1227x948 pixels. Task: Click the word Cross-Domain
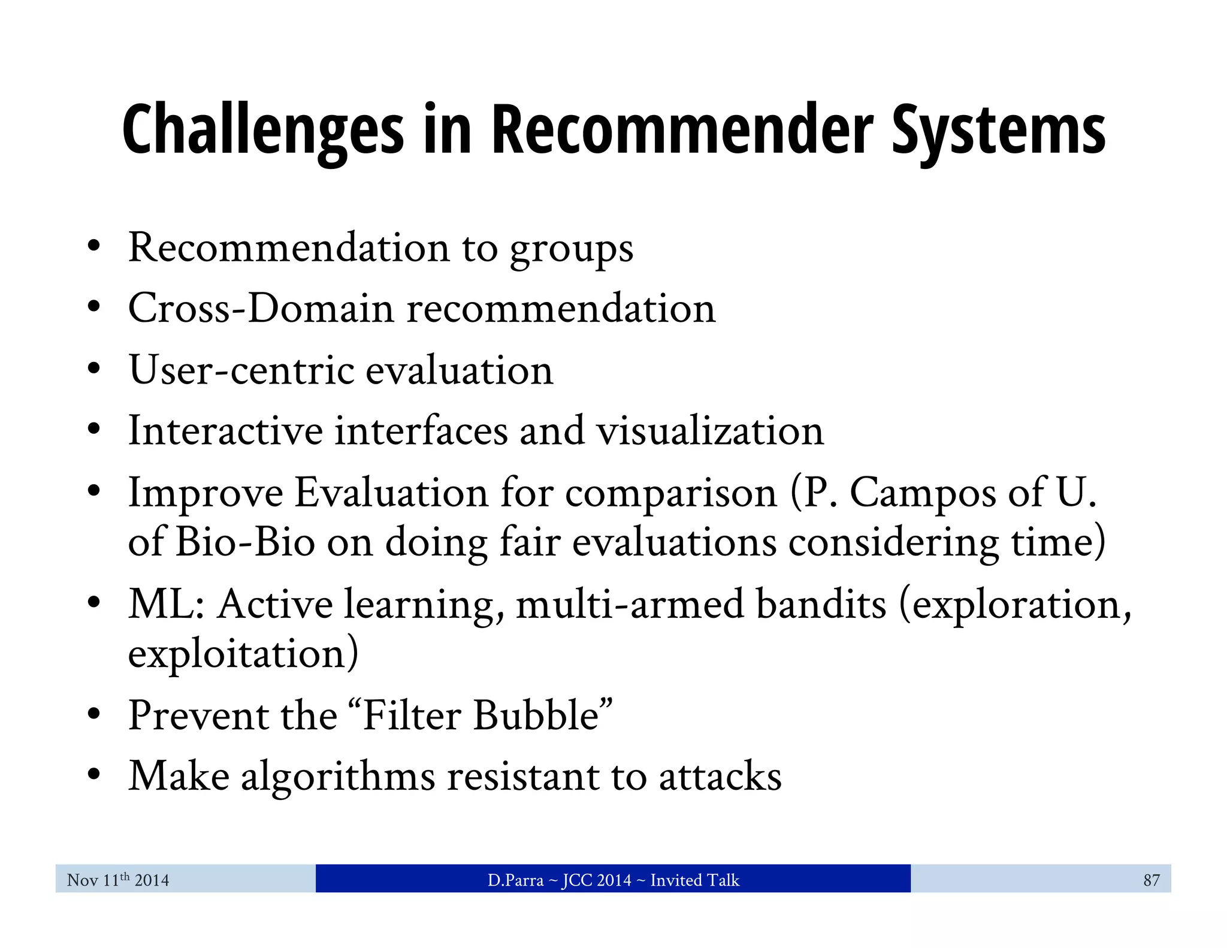(x=261, y=309)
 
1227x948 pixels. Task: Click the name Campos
(x=923, y=494)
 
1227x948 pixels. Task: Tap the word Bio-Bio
(x=246, y=542)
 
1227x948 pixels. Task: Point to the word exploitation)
(x=243, y=654)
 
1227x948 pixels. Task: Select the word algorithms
(x=338, y=777)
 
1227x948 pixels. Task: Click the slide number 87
(x=1151, y=880)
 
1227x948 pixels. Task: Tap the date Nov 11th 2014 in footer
(x=118, y=880)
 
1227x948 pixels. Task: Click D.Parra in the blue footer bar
(x=515, y=880)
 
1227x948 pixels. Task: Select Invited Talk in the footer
(x=695, y=880)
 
